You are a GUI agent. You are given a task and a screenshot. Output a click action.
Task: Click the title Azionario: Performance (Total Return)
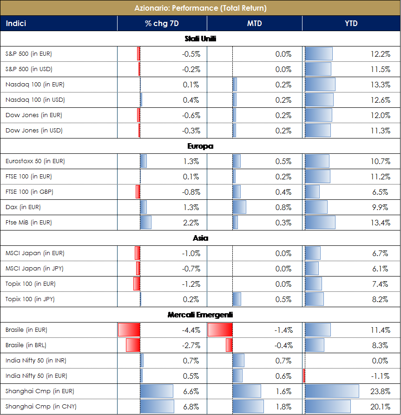tap(200, 8)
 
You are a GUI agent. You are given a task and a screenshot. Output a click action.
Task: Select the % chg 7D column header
tap(161, 23)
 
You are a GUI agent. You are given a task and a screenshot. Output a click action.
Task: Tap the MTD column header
tap(254, 23)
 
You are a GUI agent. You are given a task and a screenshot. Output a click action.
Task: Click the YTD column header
tap(351, 23)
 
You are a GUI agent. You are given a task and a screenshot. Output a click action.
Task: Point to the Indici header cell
tap(16, 23)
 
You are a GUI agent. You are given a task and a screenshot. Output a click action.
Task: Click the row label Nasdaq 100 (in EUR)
tap(35, 85)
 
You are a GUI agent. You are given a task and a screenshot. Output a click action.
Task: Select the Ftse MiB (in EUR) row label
tap(28, 223)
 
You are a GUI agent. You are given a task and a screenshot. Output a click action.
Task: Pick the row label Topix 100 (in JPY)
tap(30, 299)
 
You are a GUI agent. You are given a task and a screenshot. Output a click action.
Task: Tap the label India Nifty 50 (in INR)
tap(36, 361)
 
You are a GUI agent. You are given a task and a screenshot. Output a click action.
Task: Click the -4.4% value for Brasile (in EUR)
tap(191, 330)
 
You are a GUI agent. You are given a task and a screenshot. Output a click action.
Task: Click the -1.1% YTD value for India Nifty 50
tap(380, 376)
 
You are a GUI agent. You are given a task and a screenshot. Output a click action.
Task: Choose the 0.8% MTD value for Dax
tap(283, 207)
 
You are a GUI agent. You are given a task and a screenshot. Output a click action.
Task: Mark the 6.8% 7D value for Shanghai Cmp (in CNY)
tap(191, 407)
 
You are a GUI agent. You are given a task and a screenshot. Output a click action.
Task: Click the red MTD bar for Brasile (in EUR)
tap(220, 330)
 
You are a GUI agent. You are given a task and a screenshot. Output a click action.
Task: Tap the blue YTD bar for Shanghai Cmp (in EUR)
tap(332, 391)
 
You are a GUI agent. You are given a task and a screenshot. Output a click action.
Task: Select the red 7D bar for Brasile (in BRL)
tap(133, 345)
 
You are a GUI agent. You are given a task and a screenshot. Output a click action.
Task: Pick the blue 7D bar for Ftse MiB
tap(145, 223)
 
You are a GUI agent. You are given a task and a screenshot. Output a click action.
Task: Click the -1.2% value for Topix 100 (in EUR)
tap(191, 284)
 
